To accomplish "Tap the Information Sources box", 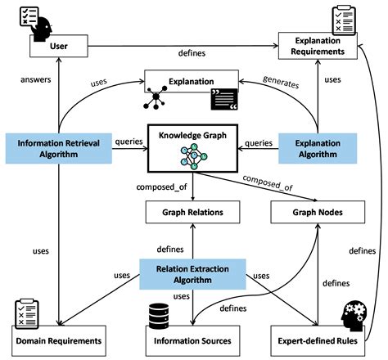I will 194,338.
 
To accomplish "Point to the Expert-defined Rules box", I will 318,338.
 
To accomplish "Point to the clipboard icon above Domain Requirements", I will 26,310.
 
